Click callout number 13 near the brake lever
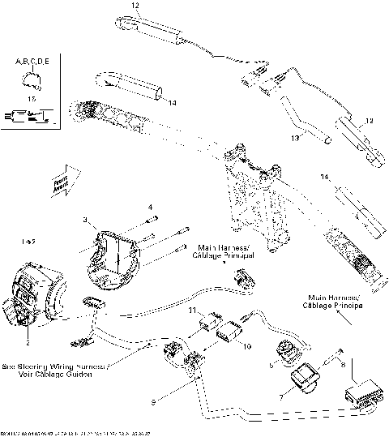pyautogui.click(x=295, y=139)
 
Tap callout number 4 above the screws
pyautogui.click(x=151, y=208)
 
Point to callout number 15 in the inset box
pyautogui.click(x=32, y=97)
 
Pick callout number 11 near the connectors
pyautogui.click(x=192, y=311)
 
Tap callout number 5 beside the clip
pyautogui.click(x=272, y=364)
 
